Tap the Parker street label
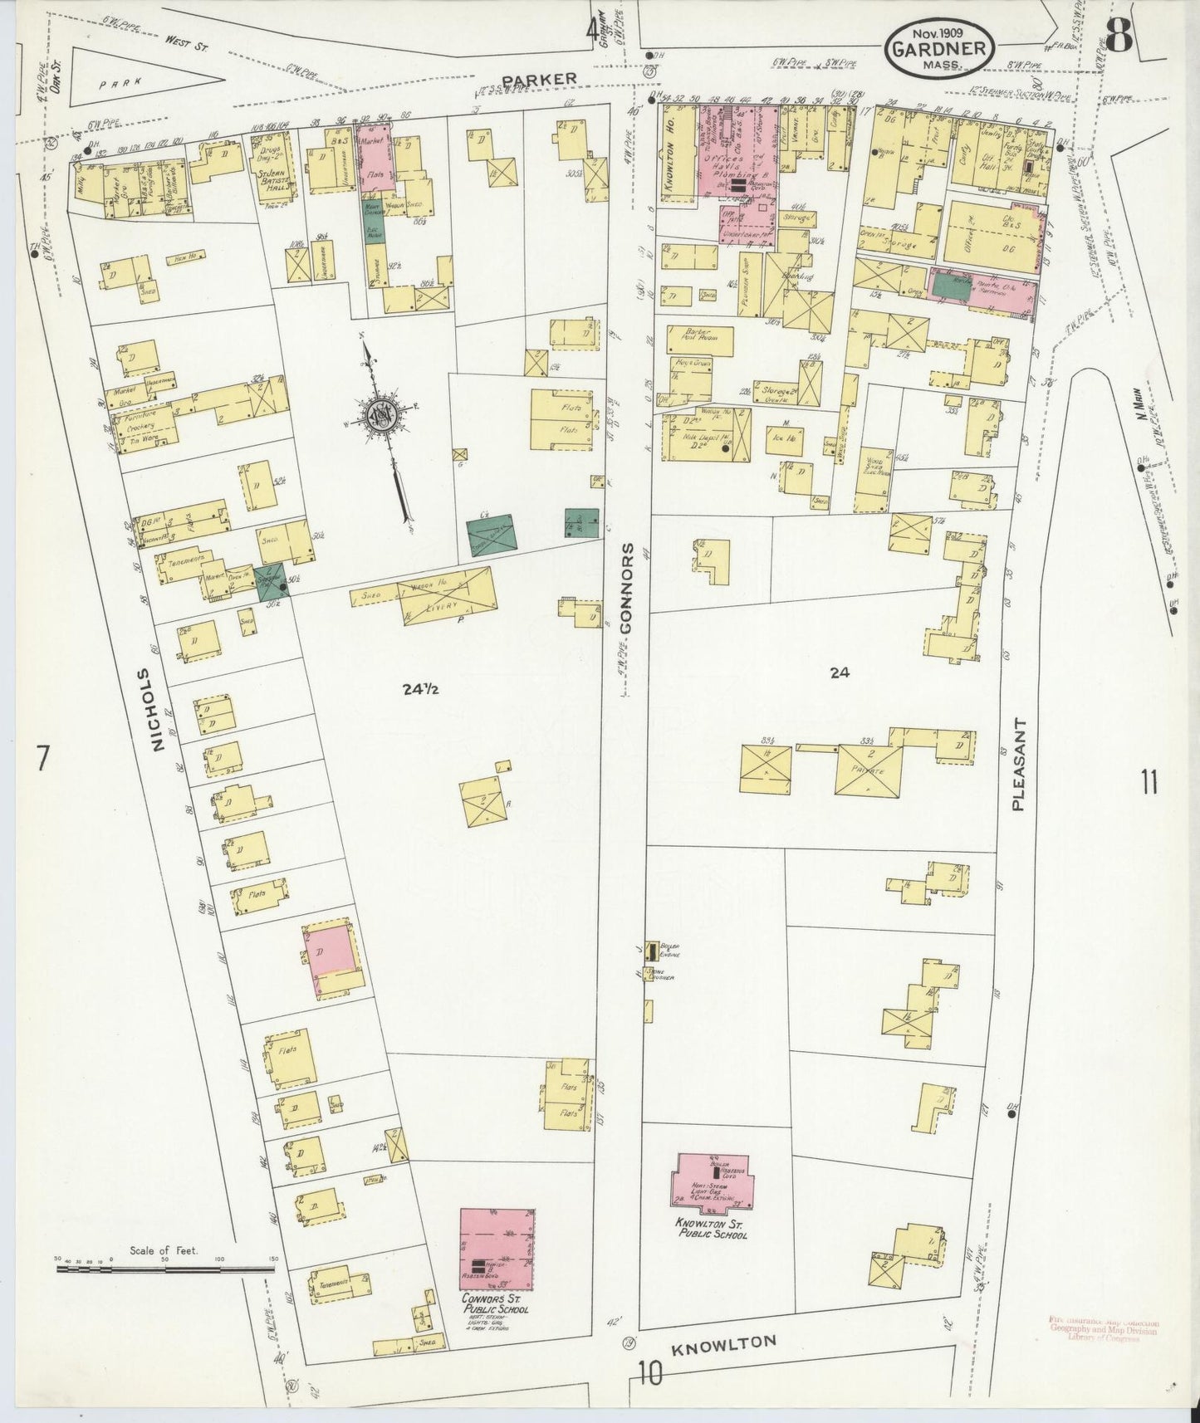pyautogui.click(x=539, y=78)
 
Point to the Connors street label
pyautogui.click(x=627, y=588)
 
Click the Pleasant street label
pyautogui.click(x=1021, y=764)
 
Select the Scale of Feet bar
pyautogui.click(x=166, y=1269)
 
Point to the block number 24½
pyautogui.click(x=420, y=688)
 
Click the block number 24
pyautogui.click(x=840, y=673)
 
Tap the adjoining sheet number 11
pyautogui.click(x=1149, y=782)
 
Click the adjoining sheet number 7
pyautogui.click(x=43, y=757)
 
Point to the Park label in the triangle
pyautogui.click(x=115, y=83)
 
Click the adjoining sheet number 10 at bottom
pyautogui.click(x=650, y=1375)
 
